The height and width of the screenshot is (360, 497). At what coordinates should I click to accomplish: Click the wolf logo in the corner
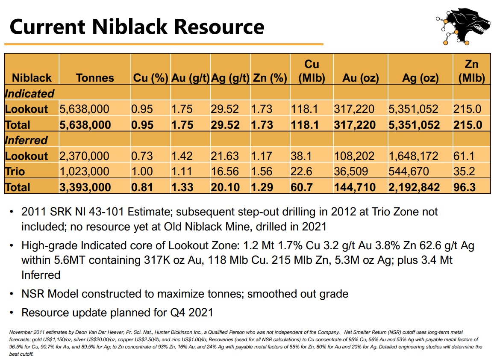[x=463, y=27]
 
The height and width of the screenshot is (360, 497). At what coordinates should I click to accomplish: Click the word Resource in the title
[x=219, y=27]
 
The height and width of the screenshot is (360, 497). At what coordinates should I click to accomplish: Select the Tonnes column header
[x=95, y=78]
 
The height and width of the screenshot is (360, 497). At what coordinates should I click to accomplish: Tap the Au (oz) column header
[x=360, y=78]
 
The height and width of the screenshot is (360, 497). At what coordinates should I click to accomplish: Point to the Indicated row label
[x=29, y=94]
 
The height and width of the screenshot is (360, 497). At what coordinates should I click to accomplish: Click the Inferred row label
[x=26, y=140]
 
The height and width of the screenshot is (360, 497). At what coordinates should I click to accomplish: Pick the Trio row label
[x=15, y=171]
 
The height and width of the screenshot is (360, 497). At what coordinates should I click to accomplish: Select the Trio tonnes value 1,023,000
[x=84, y=171]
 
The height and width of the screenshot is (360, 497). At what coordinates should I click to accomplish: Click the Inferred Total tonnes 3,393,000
[x=85, y=187]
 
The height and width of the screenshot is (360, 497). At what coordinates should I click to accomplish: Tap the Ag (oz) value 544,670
[x=409, y=171]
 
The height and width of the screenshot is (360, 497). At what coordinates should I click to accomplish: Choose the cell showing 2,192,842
[x=414, y=187]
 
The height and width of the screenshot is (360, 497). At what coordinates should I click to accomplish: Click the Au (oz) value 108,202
[x=354, y=156]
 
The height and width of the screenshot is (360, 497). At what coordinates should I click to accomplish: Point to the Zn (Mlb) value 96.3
[x=465, y=187]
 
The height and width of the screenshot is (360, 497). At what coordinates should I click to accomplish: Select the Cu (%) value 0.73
[x=142, y=156]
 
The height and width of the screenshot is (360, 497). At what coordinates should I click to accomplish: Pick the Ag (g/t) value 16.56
[x=225, y=171]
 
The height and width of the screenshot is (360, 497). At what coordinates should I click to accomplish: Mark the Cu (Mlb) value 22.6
[x=301, y=171]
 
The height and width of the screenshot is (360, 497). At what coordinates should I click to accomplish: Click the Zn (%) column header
[x=270, y=78]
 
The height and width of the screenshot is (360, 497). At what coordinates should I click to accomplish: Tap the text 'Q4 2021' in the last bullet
[x=192, y=313]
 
